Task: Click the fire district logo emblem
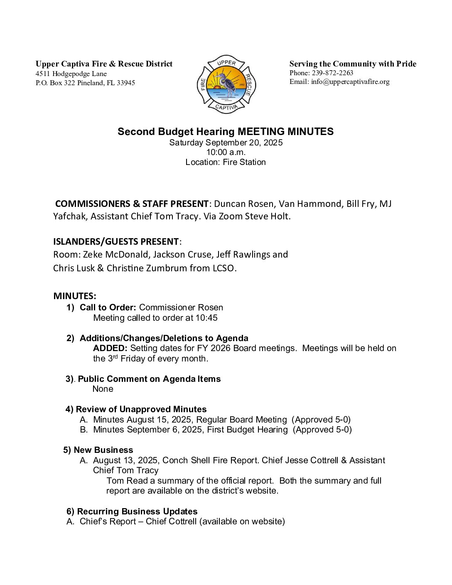226,85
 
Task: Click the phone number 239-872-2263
332,73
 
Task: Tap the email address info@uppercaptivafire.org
350,82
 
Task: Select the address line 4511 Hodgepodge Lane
71,74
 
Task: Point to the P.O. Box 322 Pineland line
85,83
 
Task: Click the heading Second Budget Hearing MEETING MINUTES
226,132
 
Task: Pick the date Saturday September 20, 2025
226,143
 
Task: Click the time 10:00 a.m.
226,152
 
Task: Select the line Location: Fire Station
226,162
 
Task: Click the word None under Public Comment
103,389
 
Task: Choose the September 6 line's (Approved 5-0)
322,430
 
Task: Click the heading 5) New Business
98,450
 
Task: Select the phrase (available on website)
242,521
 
